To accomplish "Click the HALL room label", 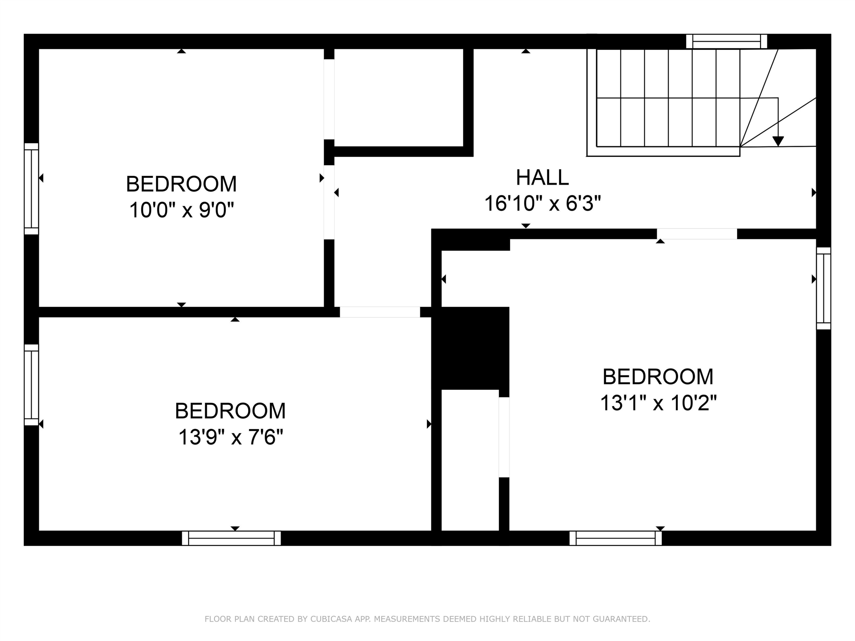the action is [x=542, y=177].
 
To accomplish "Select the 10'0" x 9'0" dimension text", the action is [x=182, y=211].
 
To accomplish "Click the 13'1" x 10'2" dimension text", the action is [x=658, y=403].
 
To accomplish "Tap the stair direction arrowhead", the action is [x=778, y=141].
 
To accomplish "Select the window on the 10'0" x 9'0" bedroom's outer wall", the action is [x=31, y=189].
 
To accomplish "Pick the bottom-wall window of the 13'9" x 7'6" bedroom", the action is [x=231, y=538].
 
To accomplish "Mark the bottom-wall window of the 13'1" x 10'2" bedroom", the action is [x=616, y=538].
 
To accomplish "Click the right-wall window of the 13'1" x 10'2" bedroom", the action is [x=824, y=288].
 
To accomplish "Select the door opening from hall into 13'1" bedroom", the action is [x=697, y=234].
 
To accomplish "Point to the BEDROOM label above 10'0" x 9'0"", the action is [x=181, y=184].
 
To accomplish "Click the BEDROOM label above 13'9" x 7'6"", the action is [x=230, y=411].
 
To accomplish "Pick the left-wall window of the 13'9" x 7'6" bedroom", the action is [x=31, y=385].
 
